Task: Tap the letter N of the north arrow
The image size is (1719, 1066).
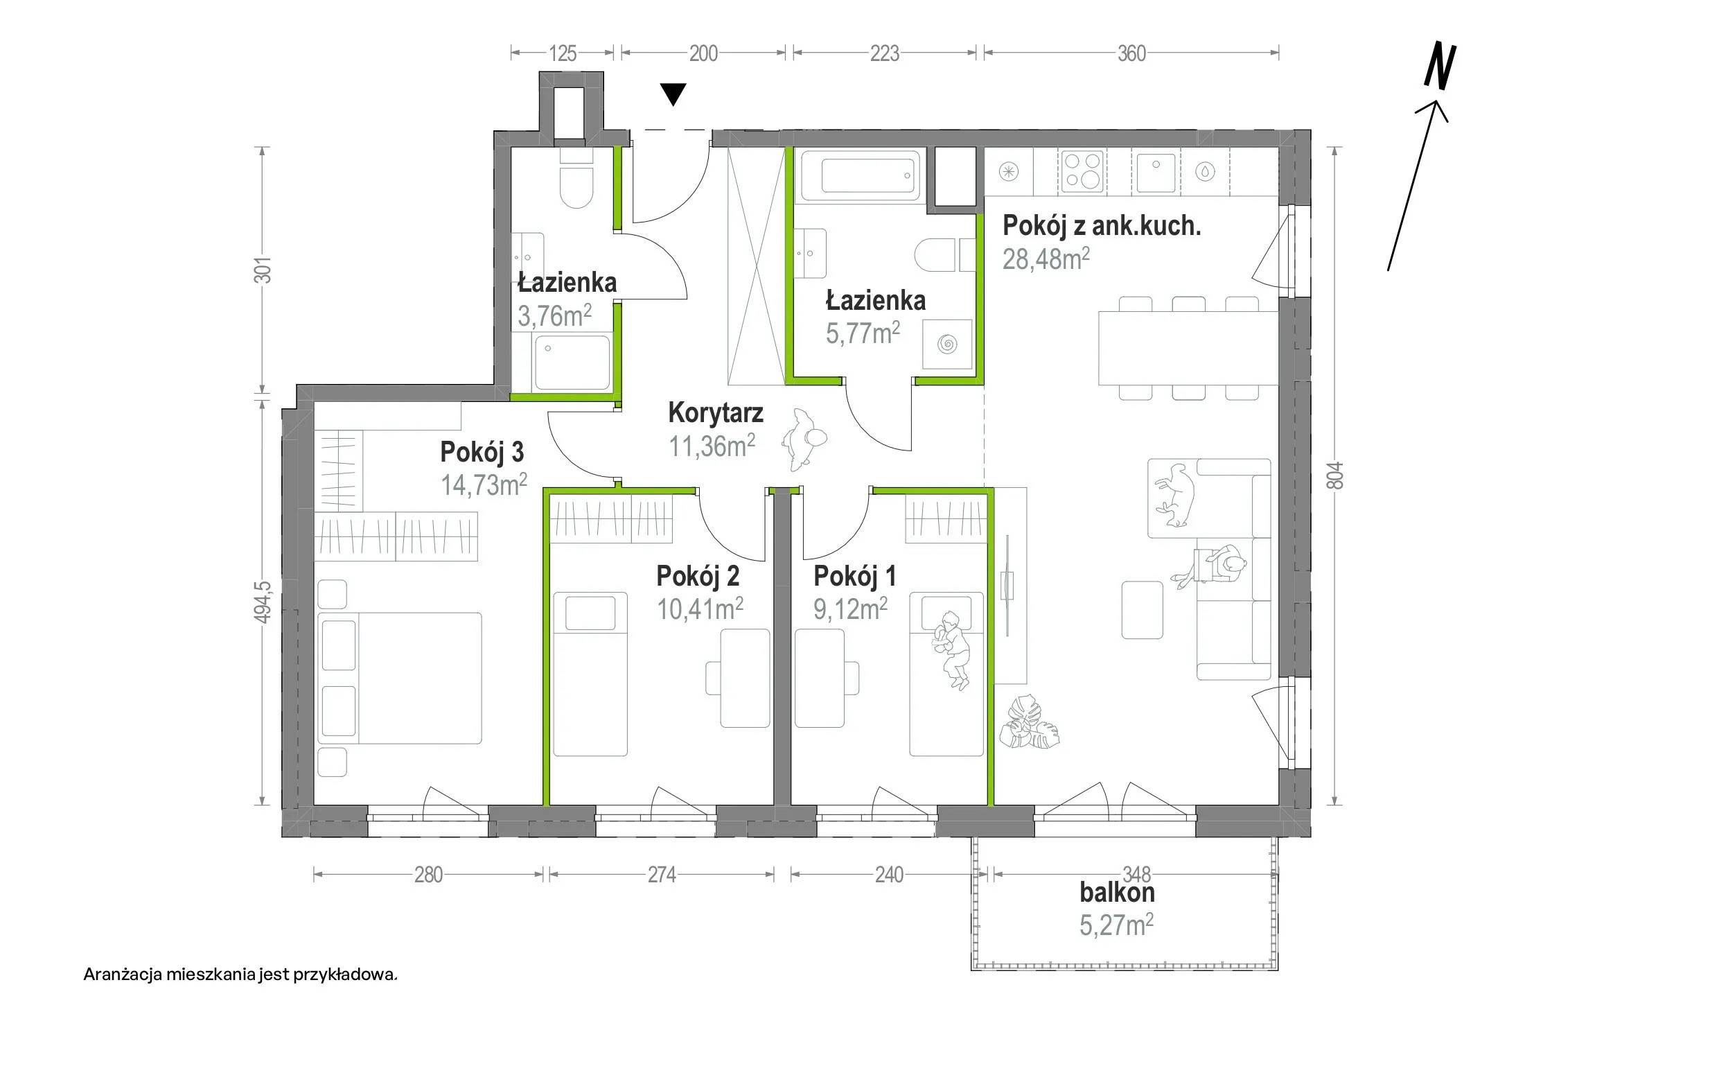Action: point(1439,67)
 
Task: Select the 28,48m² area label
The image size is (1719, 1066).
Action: point(1046,259)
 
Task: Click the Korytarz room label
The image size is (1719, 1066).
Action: point(715,413)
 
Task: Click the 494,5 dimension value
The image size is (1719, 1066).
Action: point(263,602)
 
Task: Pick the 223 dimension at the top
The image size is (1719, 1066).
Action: point(885,53)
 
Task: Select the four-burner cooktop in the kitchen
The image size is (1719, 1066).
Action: point(1082,171)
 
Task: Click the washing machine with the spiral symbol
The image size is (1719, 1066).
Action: point(946,344)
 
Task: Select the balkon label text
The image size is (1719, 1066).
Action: point(1117,893)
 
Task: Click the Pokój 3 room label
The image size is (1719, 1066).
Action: point(482,452)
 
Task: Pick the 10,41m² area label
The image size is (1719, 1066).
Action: point(700,609)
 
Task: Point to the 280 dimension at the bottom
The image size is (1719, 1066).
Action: point(428,875)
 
